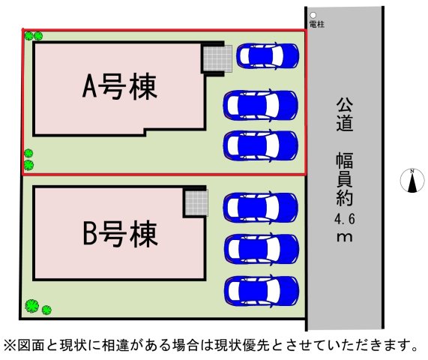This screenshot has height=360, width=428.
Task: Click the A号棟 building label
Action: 120,86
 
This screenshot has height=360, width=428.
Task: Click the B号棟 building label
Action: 120,234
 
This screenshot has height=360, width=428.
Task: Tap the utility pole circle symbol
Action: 313,15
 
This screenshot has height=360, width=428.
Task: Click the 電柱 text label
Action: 317,24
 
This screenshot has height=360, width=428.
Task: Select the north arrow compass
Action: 412,181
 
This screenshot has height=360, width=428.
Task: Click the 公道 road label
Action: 345,115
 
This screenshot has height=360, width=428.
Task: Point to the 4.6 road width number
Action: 345,219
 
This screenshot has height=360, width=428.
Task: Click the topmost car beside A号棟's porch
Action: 268,55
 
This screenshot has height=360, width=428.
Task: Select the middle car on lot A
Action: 260,106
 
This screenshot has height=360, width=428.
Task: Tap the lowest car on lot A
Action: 260,145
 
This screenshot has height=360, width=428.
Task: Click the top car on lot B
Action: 260,208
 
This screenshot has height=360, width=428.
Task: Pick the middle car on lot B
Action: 261,249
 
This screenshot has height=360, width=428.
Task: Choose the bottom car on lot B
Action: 261,291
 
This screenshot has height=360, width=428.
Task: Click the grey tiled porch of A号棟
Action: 218,58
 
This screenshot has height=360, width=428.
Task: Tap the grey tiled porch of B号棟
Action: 196,202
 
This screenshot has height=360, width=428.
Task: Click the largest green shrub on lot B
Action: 32,306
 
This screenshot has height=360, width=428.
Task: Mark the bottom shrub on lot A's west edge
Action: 28,165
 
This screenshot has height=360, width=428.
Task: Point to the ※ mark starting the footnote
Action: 10,345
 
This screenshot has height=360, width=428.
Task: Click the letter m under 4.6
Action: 345,237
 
